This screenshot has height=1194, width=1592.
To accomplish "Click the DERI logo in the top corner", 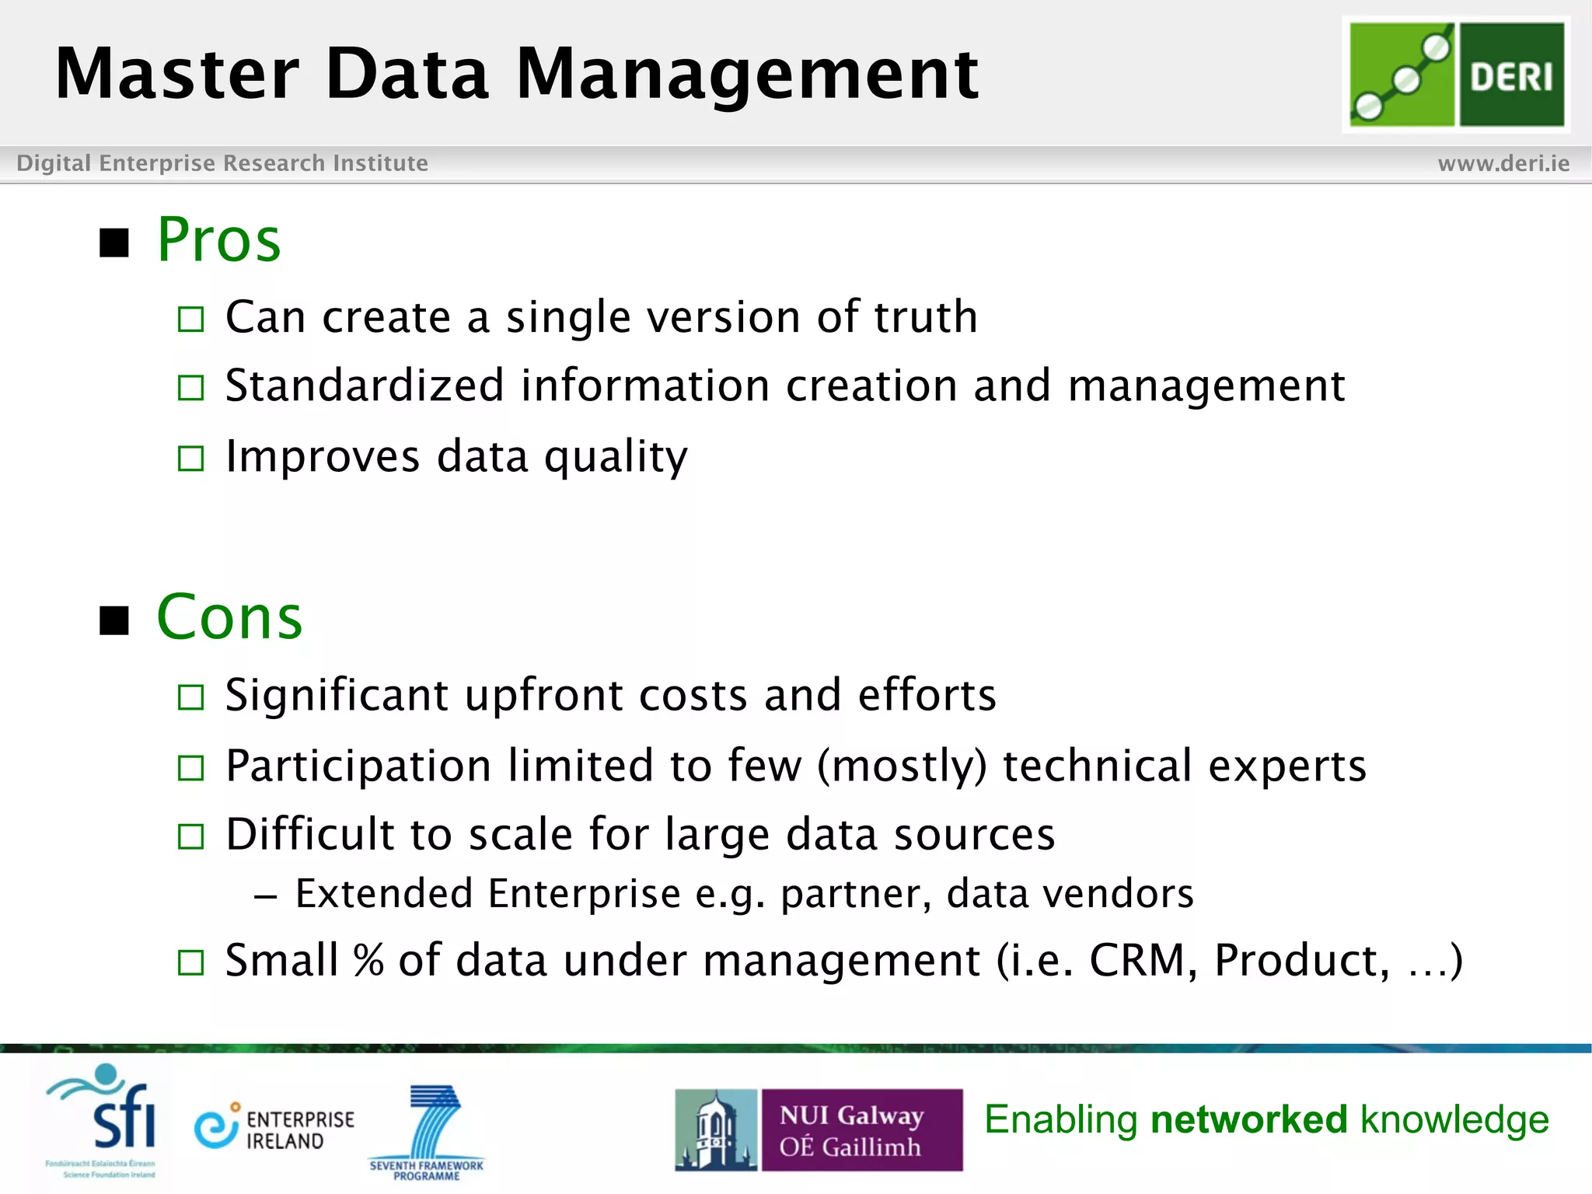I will pyautogui.click(x=1456, y=74).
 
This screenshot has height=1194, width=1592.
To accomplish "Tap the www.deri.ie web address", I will pyautogui.click(x=1503, y=163).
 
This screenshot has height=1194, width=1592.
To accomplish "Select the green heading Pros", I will pyautogui.click(x=218, y=239).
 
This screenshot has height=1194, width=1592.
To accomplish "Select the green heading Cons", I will pyautogui.click(x=229, y=617).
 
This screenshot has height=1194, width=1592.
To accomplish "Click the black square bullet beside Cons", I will pyautogui.click(x=114, y=620).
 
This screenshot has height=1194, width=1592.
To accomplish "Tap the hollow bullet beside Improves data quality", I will pyautogui.click(x=190, y=458).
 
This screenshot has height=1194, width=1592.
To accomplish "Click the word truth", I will pyautogui.click(x=925, y=317).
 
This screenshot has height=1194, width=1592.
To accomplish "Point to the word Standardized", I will pyautogui.click(x=365, y=386).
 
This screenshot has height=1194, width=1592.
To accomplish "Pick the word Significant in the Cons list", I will pyautogui.click(x=336, y=695).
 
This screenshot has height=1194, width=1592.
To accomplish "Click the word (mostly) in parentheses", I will pyautogui.click(x=902, y=766).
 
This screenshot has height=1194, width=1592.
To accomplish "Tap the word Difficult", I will pyautogui.click(x=309, y=834).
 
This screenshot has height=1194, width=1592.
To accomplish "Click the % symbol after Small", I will pyautogui.click(x=368, y=961).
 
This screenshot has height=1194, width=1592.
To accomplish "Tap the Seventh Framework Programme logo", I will pyautogui.click(x=428, y=1131).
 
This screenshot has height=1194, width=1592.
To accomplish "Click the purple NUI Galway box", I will pyautogui.click(x=861, y=1129).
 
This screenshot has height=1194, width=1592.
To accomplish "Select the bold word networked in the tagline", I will pyautogui.click(x=1248, y=1119).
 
